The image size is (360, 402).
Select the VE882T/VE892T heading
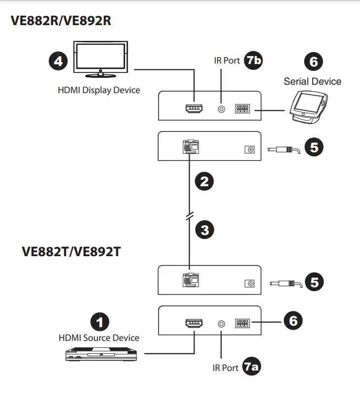pyautogui.click(x=71, y=251)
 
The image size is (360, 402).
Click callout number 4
pyautogui.click(x=57, y=61)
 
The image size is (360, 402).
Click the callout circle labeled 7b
pyautogui.click(x=254, y=60)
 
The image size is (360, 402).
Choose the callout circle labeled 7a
pyautogui.click(x=252, y=368)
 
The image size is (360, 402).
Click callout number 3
pyautogui.click(x=204, y=229)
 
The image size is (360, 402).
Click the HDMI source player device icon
pyautogui.click(x=101, y=354)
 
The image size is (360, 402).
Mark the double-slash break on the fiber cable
pyautogui.click(x=190, y=217)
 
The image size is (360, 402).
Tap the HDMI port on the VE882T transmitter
pyautogui.click(x=194, y=324)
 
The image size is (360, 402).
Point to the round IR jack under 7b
pyautogui.click(x=222, y=108)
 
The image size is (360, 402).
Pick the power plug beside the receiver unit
pyautogui.click(x=283, y=149)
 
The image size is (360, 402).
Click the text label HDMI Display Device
pyautogui.click(x=98, y=90)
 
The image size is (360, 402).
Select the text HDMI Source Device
pyautogui.click(x=98, y=338)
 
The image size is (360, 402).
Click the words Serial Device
pyautogui.click(x=312, y=81)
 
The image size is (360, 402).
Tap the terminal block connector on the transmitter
pyautogui.click(x=242, y=324)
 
